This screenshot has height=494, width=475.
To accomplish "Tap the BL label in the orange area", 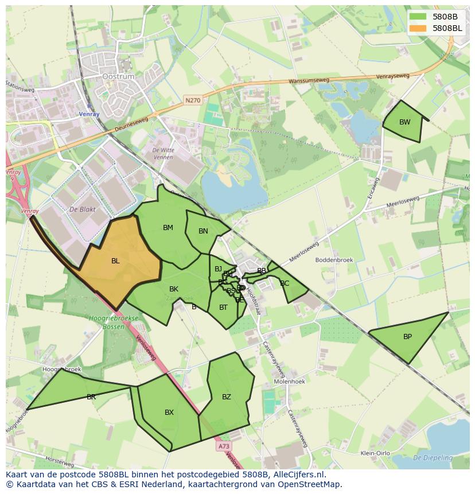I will pyautogui.click(x=115, y=261).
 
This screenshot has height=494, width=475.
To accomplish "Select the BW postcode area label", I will pyautogui.click(x=405, y=122).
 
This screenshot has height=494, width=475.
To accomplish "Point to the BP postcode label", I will pyautogui.click(x=407, y=337).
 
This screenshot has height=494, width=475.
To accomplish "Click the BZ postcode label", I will pyautogui.click(x=227, y=397).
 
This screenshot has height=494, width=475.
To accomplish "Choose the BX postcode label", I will pyautogui.click(x=169, y=413).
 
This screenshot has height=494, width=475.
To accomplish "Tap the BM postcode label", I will pyautogui.click(x=168, y=228).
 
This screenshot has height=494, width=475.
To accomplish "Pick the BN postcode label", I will pyautogui.click(x=203, y=231).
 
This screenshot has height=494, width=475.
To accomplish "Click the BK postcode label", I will pyautogui.click(x=174, y=289).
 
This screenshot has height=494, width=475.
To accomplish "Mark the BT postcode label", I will pyautogui.click(x=224, y=308).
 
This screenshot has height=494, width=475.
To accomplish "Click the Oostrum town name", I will pyautogui.click(x=118, y=76).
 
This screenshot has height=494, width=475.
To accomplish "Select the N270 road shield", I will pyautogui.click(x=193, y=100).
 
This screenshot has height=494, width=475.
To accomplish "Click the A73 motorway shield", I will pyautogui.click(x=224, y=446).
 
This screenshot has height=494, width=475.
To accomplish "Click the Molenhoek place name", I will pyautogui.click(x=289, y=381).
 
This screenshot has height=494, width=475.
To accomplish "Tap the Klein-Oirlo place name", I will pyautogui.click(x=375, y=453).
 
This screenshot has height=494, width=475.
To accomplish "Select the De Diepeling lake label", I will pyautogui.click(x=433, y=458).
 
